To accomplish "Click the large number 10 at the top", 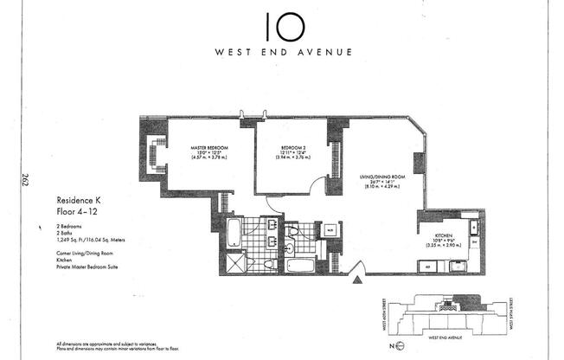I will (283, 25).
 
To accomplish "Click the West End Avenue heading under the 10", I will (284, 52).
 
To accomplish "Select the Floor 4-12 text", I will (76, 209).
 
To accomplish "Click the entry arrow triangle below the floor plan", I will (357, 280).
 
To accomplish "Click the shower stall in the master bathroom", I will (235, 259).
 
